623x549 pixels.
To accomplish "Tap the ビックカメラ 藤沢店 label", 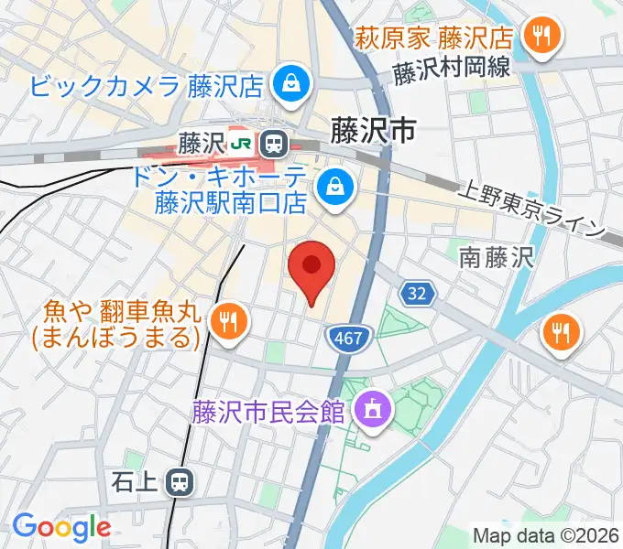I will (x=147, y=88).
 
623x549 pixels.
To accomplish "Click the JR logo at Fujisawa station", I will (x=242, y=144).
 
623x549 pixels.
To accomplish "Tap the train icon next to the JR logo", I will (x=272, y=144).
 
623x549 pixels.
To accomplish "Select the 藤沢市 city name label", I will (x=373, y=132).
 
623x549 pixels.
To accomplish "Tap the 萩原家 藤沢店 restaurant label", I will (x=435, y=38).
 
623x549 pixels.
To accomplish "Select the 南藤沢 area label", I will (x=496, y=259).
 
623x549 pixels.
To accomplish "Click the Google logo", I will (x=61, y=528).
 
